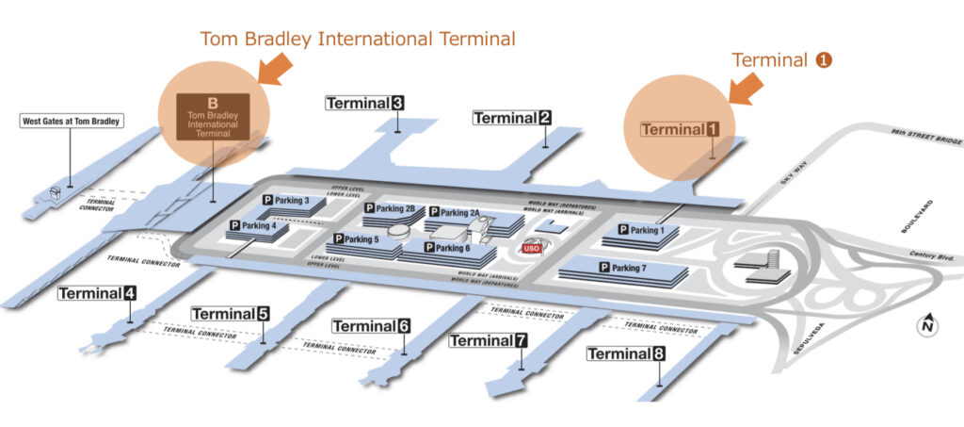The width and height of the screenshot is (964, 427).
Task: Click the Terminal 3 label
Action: point(365,103)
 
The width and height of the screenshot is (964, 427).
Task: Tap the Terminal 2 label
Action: point(512,118)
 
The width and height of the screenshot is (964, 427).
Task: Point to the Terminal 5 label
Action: point(232,314)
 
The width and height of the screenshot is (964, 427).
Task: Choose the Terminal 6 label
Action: point(371,326)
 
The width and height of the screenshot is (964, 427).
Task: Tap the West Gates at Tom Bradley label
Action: point(72,122)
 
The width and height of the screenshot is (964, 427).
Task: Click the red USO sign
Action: point(530,248)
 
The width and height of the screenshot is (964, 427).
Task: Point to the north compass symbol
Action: point(928,325)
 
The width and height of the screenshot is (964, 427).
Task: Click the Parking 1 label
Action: point(642,230)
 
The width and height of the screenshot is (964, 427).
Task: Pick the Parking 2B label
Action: point(391,208)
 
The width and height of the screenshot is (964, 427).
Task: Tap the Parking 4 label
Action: point(253,226)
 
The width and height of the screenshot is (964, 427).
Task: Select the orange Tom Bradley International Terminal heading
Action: point(358,40)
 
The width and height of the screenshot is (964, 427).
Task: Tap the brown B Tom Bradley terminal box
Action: point(212,117)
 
